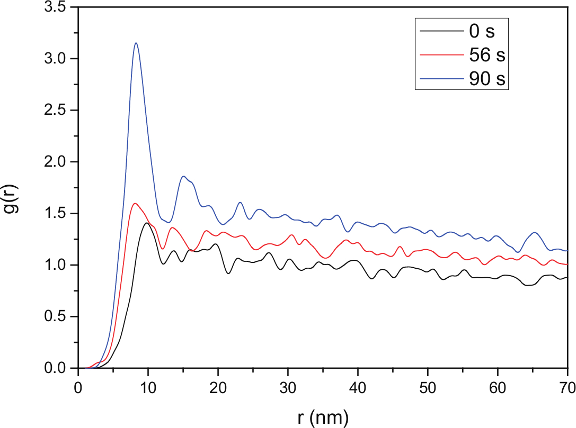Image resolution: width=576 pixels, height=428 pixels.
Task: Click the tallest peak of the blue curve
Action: click(x=136, y=43)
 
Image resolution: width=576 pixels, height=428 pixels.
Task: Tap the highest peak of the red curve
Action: click(x=135, y=204)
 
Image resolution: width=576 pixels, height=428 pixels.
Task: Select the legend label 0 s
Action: click(x=482, y=31)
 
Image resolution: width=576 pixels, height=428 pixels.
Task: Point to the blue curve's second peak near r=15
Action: click(x=183, y=176)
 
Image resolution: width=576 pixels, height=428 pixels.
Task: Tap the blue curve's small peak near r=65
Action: click(x=534, y=232)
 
